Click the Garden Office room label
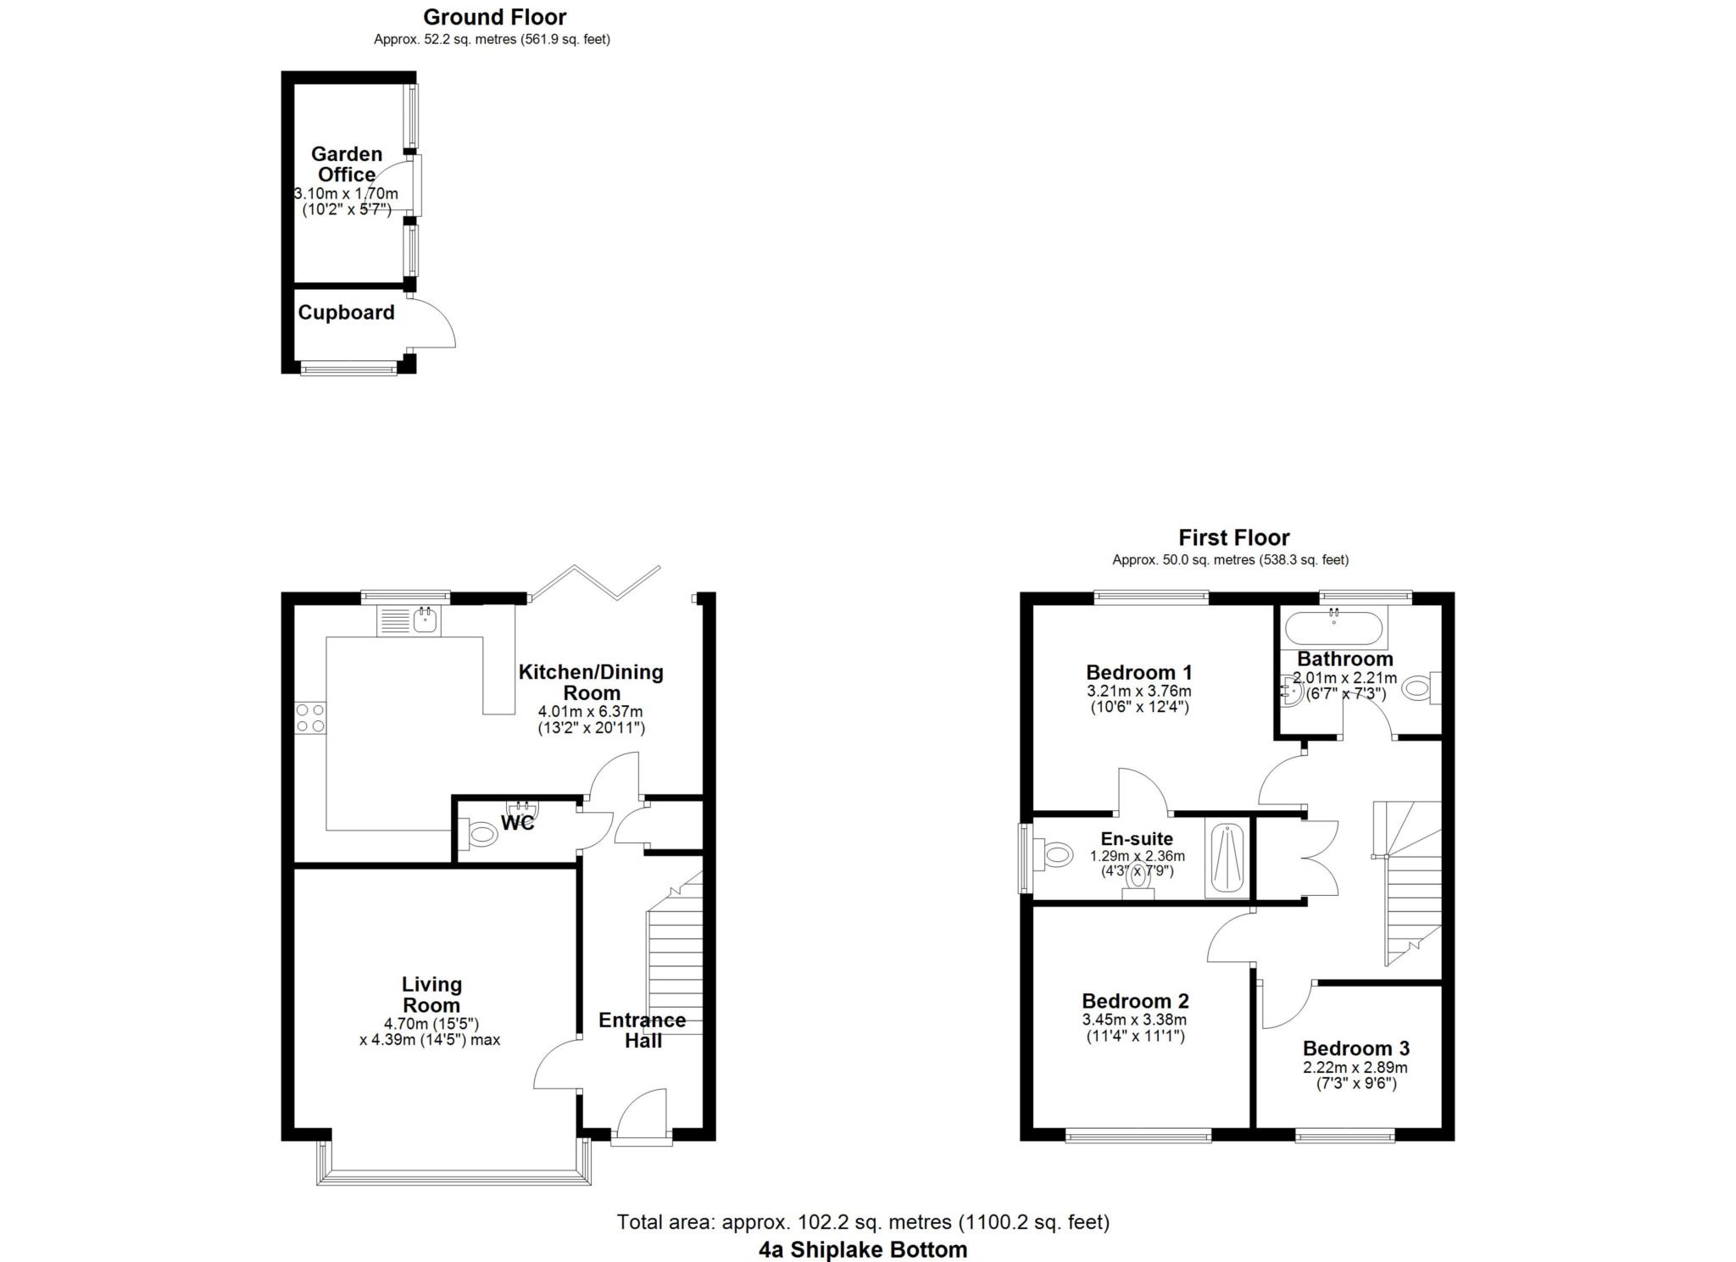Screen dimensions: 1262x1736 tap(346, 164)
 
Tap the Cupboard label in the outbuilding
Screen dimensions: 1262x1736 tap(346, 313)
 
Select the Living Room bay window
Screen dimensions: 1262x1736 tap(453, 1176)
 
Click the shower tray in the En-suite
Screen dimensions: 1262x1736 tap(1227, 860)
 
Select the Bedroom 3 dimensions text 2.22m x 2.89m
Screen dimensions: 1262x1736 tap(1355, 1068)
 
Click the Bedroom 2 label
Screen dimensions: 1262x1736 tap(1135, 1001)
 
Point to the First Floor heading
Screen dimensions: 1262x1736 tap(1233, 537)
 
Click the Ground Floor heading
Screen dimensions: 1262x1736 tap(494, 17)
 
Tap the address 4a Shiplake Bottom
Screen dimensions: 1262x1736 tap(862, 1249)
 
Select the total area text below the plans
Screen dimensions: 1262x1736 tap(862, 1222)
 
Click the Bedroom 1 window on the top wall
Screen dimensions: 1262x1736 tap(1151, 597)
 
